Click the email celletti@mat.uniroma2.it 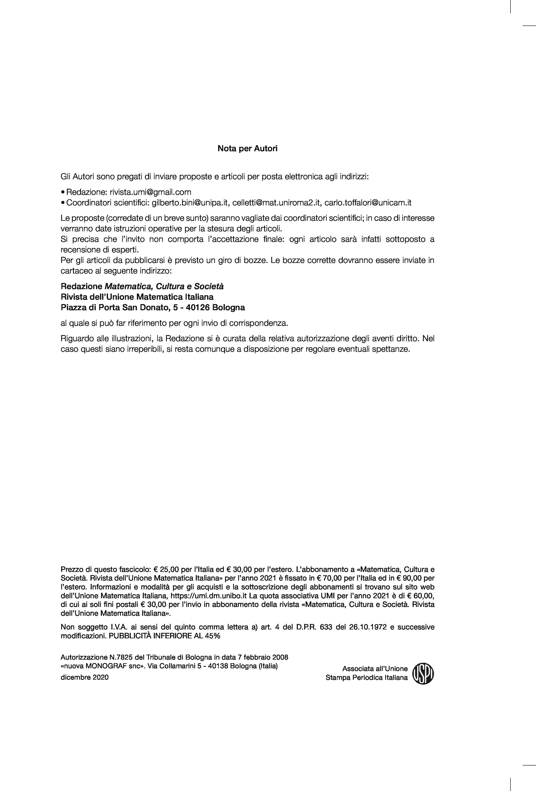(x=277, y=203)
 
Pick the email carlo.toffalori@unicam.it (x=368, y=203)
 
